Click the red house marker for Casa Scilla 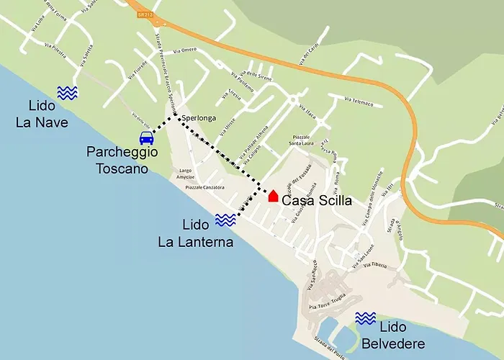pos(273,196)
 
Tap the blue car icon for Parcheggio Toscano pos(146,138)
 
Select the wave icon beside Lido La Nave pos(68,92)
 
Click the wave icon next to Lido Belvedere pos(366,318)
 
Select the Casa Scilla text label pos(316,201)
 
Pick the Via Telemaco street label pos(359,102)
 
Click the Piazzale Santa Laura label pos(306,140)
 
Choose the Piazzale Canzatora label pos(204,187)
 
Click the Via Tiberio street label pos(379,266)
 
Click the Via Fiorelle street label pos(138,68)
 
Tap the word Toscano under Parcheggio pos(122,169)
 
